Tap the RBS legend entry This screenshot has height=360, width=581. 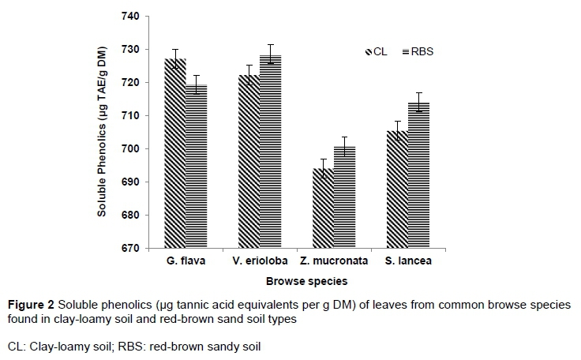coord(418,52)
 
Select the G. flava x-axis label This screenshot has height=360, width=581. coord(186,261)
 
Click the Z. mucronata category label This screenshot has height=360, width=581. coord(334,261)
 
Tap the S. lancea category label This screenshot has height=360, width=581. coord(408,261)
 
